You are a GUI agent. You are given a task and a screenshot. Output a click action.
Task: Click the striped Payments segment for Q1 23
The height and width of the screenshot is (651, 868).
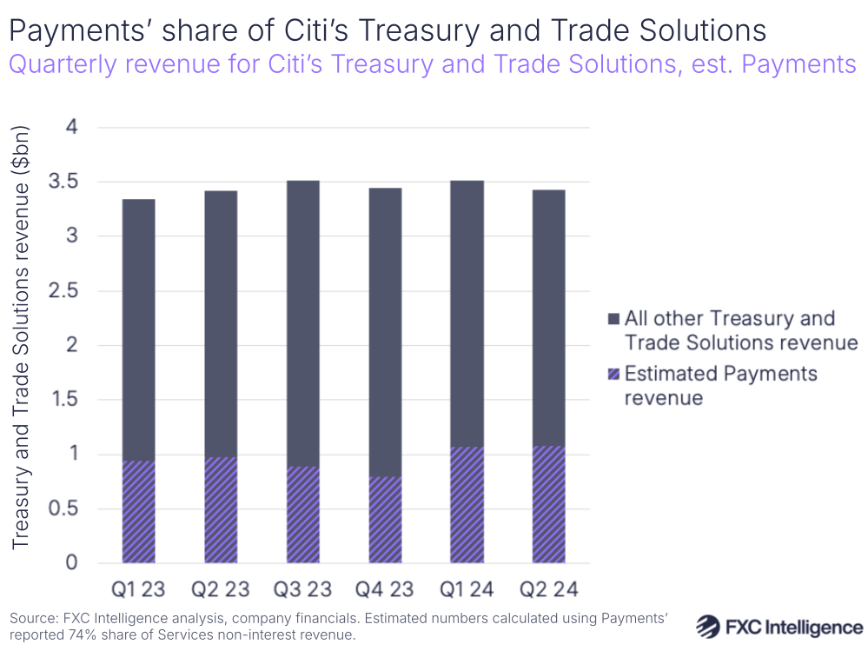point(138,512)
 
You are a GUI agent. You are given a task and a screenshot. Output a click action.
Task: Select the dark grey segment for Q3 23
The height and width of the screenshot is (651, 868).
point(302,323)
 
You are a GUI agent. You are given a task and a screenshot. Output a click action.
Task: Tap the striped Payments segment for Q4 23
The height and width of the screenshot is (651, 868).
point(384,520)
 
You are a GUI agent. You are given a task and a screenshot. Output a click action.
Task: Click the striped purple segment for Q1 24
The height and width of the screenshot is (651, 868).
point(467,505)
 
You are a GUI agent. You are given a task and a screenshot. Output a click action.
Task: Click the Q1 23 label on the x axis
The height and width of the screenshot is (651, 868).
point(138,589)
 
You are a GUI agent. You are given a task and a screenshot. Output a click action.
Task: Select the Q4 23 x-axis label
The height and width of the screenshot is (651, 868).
point(384,589)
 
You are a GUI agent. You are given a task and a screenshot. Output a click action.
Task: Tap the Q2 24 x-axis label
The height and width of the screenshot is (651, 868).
point(548,589)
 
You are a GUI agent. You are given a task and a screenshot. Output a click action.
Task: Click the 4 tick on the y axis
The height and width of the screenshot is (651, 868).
point(72,128)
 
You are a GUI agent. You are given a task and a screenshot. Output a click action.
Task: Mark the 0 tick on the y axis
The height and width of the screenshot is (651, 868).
point(72,562)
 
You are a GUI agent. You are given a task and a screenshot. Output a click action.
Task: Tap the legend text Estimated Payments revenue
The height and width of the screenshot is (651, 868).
point(721,385)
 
